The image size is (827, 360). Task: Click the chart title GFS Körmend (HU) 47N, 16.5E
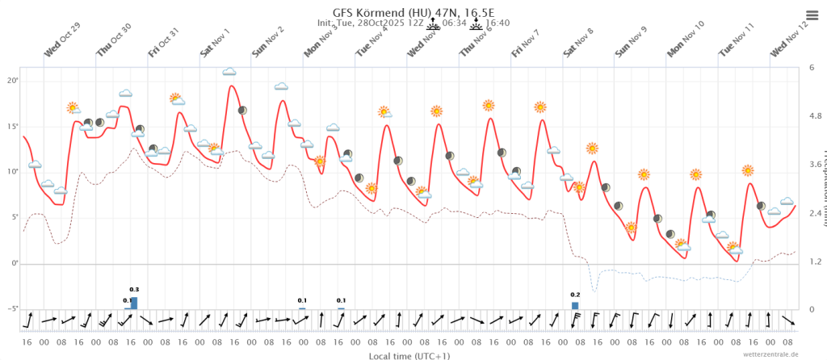[413, 12]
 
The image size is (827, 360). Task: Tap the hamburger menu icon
[812, 15]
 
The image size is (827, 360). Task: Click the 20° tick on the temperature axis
[12, 82]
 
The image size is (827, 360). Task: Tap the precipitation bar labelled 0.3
[134, 303]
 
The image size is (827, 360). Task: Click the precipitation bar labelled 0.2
[575, 305]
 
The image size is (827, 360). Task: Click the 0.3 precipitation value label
[134, 289]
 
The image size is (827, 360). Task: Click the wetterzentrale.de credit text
[771, 354]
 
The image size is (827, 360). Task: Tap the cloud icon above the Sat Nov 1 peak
[229, 72]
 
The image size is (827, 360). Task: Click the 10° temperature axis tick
[12, 172]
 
